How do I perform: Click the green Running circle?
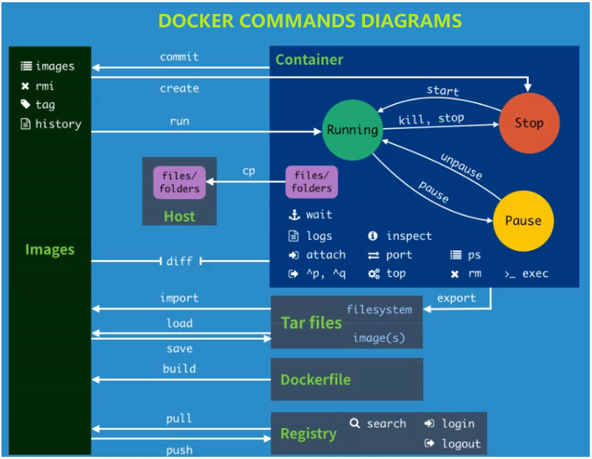coord(352,130)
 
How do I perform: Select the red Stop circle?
coord(528,123)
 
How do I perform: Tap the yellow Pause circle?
coord(522,221)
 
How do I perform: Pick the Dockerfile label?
coord(315,380)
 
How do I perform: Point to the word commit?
coord(179,56)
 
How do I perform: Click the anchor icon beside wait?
coord(293,215)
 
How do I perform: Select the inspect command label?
coord(408,236)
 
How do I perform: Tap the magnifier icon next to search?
coord(354,423)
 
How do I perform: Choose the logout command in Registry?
coord(461,444)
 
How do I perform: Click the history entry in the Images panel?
coord(58,124)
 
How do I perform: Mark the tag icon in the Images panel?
coord(25,105)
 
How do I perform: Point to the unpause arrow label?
coord(461,167)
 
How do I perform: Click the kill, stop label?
coord(431,119)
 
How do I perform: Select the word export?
coord(457,298)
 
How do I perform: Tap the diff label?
coord(179,261)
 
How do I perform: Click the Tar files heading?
coord(311,323)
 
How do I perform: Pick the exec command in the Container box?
coord(534,274)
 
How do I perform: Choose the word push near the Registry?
coord(179,450)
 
